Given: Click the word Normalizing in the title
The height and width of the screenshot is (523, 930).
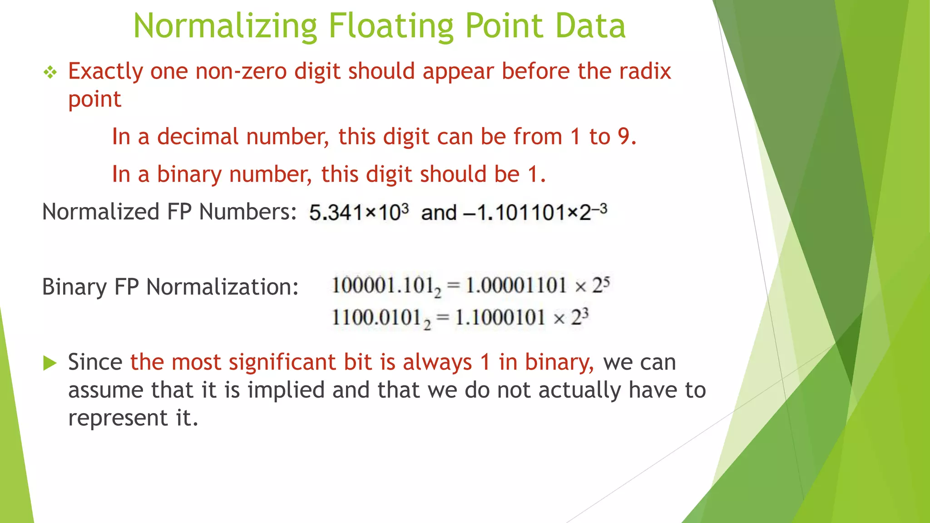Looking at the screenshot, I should (x=225, y=26).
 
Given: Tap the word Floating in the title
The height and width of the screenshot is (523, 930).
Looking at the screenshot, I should (x=391, y=26).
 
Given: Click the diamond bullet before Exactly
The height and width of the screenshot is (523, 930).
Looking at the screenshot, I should (x=50, y=72).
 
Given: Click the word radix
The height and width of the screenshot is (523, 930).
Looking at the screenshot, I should (x=645, y=71).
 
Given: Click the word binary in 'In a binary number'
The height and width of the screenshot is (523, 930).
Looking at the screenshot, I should (x=189, y=174).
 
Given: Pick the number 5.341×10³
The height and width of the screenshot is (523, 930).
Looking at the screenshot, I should (x=359, y=212).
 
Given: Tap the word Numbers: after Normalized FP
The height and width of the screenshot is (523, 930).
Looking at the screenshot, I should (x=248, y=212).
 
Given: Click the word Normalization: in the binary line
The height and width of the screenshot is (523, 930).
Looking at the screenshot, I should (x=222, y=287).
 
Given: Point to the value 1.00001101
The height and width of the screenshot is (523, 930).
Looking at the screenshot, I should (x=516, y=286).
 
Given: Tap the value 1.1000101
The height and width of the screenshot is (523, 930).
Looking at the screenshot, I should (x=500, y=317).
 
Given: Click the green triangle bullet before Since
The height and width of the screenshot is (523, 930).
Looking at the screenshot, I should (x=50, y=363).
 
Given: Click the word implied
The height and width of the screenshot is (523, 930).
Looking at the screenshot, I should (x=286, y=390).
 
